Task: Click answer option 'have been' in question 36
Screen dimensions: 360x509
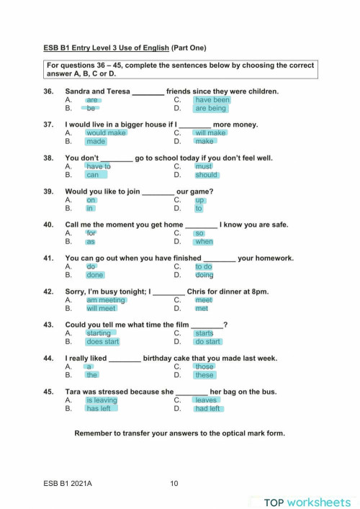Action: pyautogui.click(x=212, y=100)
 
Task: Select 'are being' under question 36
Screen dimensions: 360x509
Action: pyautogui.click(x=210, y=109)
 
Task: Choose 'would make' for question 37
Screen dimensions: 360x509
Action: pyautogui.click(x=106, y=133)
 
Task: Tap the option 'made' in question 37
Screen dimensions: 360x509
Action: pyautogui.click(x=96, y=142)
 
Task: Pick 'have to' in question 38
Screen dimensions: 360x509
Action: pyautogui.click(x=99, y=166)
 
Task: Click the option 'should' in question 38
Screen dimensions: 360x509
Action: pyautogui.click(x=206, y=175)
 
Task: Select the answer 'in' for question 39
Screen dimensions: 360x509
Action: pyautogui.click(x=91, y=209)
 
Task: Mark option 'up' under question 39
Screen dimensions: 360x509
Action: pyautogui.click(x=200, y=200)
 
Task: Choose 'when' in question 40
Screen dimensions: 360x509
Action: pyautogui.click(x=204, y=242)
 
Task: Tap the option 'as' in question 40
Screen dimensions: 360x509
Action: pyautogui.click(x=91, y=242)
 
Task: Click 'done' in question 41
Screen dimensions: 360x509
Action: pyautogui.click(x=95, y=275)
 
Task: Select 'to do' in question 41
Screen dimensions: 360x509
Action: pyautogui.click(x=204, y=266)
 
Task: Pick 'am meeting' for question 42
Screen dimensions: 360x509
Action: pyautogui.click(x=106, y=300)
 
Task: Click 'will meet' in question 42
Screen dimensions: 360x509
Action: pyautogui.click(x=101, y=309)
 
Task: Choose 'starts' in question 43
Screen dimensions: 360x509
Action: pyautogui.click(x=204, y=333)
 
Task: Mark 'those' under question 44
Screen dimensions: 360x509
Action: pyautogui.click(x=204, y=366)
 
